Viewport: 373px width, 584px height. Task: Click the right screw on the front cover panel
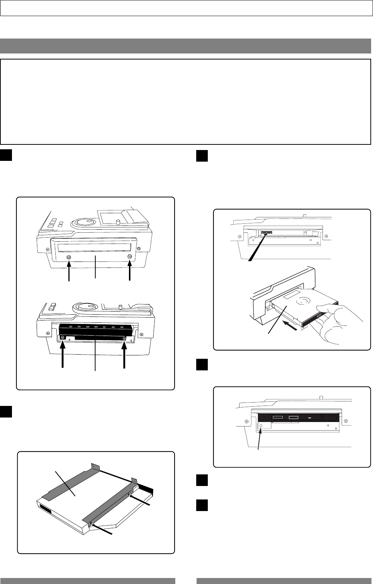coord(130,257)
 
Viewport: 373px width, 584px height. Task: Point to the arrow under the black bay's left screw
coord(63,355)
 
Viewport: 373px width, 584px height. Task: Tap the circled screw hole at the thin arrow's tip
coord(261,426)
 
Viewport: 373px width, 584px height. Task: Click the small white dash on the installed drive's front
coord(309,417)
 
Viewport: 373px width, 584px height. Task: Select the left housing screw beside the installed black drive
coord(247,421)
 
